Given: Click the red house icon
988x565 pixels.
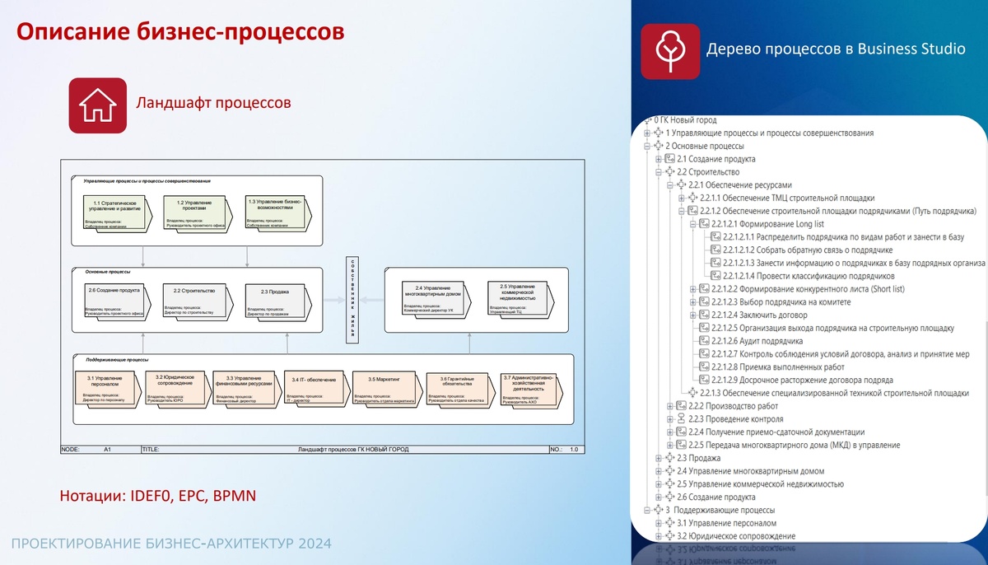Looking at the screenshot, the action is tap(97, 105).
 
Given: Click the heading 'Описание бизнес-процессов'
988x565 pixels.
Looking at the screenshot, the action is tap(180, 32).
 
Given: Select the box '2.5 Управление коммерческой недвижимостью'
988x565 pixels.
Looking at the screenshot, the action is tap(517, 298).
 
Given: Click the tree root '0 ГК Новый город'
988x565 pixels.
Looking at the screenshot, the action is tap(686, 120).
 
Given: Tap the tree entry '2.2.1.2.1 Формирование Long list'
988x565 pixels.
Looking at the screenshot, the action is tap(773, 224).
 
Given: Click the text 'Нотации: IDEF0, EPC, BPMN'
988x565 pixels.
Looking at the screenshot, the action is tap(158, 496).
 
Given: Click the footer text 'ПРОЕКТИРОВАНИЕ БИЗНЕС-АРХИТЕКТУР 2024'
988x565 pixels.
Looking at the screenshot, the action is tap(171, 544).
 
